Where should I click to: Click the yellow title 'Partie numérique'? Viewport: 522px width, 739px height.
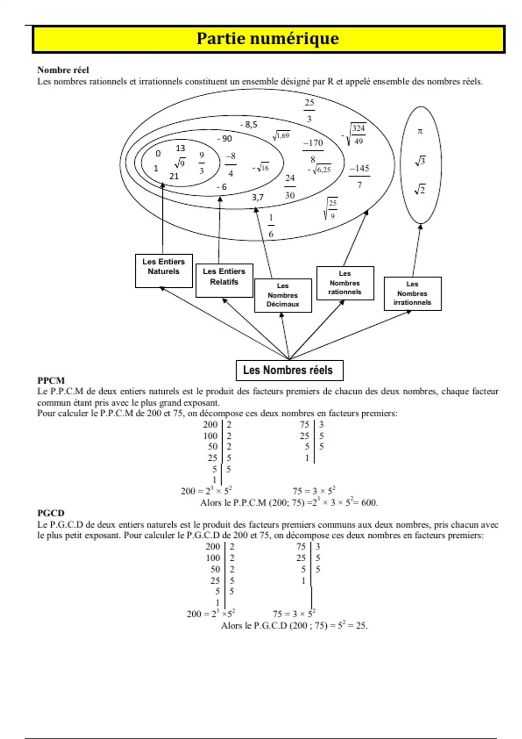coord(268,39)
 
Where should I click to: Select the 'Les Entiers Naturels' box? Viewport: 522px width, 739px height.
coord(164,271)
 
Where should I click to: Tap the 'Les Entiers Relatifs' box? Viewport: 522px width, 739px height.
coord(224,280)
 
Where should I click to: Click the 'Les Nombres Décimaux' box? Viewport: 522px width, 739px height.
coord(283,295)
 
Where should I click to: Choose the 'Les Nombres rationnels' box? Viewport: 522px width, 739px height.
coord(345,283)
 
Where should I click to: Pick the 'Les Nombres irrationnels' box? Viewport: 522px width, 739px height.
coord(412,293)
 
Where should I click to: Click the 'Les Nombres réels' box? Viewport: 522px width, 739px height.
coord(289,370)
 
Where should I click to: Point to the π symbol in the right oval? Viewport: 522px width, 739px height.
coord(420,131)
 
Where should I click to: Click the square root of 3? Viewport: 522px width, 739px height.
coord(420,162)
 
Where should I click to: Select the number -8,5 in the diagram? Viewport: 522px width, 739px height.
coord(249,125)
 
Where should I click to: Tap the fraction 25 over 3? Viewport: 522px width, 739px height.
coord(309,110)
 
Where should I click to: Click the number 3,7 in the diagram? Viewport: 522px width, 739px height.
coord(258,197)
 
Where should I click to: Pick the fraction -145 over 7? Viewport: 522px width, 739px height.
coord(359,176)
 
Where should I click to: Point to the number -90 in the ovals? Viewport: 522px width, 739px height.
coord(225,139)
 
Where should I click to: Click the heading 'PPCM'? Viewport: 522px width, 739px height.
coord(51,380)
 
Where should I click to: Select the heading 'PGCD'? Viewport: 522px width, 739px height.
coord(50,513)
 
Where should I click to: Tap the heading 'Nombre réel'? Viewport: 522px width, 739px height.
coord(63,70)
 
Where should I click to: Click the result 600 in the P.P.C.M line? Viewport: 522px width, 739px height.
coord(369,503)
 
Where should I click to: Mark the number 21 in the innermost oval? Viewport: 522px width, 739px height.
coord(174,176)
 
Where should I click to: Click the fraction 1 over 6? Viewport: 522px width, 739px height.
coord(271,226)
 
